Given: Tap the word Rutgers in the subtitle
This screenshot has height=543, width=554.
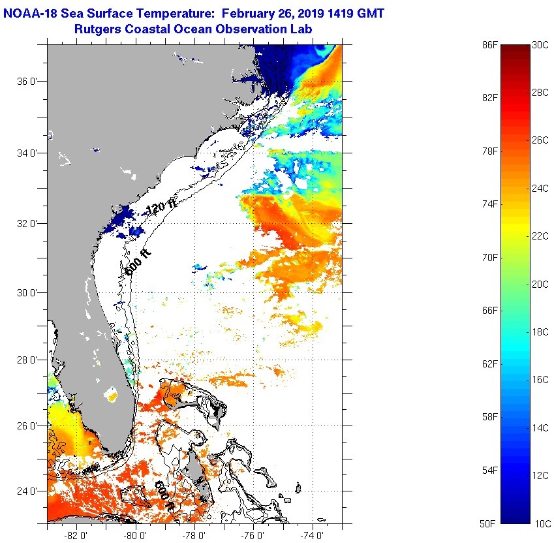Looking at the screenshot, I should pyautogui.click(x=99, y=29).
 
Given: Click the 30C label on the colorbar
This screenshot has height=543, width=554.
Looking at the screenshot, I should pyautogui.click(x=540, y=44).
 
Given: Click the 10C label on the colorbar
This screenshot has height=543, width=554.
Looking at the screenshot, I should pyautogui.click(x=540, y=523).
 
